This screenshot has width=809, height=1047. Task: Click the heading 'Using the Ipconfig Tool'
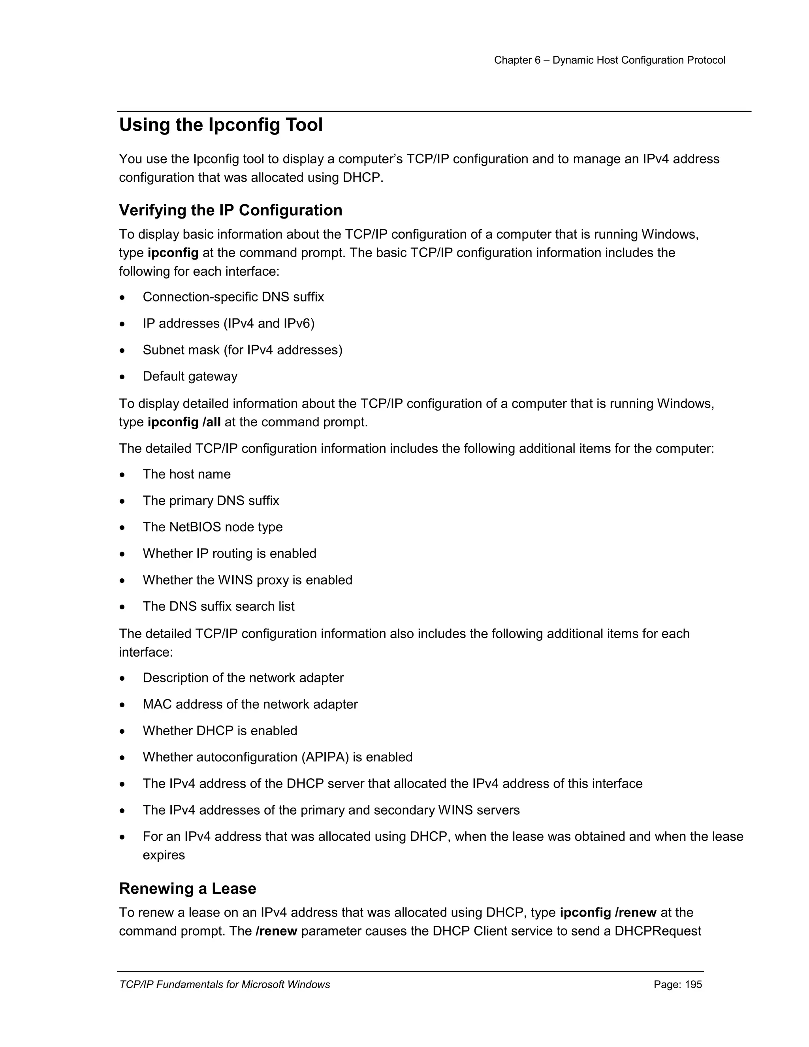[x=220, y=125]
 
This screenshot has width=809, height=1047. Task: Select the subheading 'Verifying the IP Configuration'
[x=231, y=210]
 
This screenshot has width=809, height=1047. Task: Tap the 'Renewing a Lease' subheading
[x=187, y=888]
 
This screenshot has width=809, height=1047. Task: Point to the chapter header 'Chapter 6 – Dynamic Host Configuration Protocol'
[x=610, y=60]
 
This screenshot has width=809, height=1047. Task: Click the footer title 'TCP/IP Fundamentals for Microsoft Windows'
[x=224, y=985]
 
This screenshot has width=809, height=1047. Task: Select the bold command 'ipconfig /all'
[x=184, y=422]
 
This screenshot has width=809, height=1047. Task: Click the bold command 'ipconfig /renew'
[x=608, y=912]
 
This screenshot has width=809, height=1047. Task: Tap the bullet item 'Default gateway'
[x=190, y=376]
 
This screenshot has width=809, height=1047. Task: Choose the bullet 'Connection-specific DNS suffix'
[x=233, y=297]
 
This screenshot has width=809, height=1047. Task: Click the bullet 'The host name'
[x=186, y=474]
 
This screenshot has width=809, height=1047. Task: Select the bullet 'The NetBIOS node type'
[x=212, y=527]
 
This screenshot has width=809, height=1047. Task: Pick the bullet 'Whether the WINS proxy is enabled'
[x=247, y=580]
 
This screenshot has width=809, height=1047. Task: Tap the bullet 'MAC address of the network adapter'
[x=250, y=704]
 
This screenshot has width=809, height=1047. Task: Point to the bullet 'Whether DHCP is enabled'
[x=220, y=731]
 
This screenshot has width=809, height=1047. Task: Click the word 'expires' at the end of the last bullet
[x=164, y=855]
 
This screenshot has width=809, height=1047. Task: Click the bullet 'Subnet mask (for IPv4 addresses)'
[x=243, y=350]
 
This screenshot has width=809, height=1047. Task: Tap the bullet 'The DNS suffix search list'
[x=218, y=606]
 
